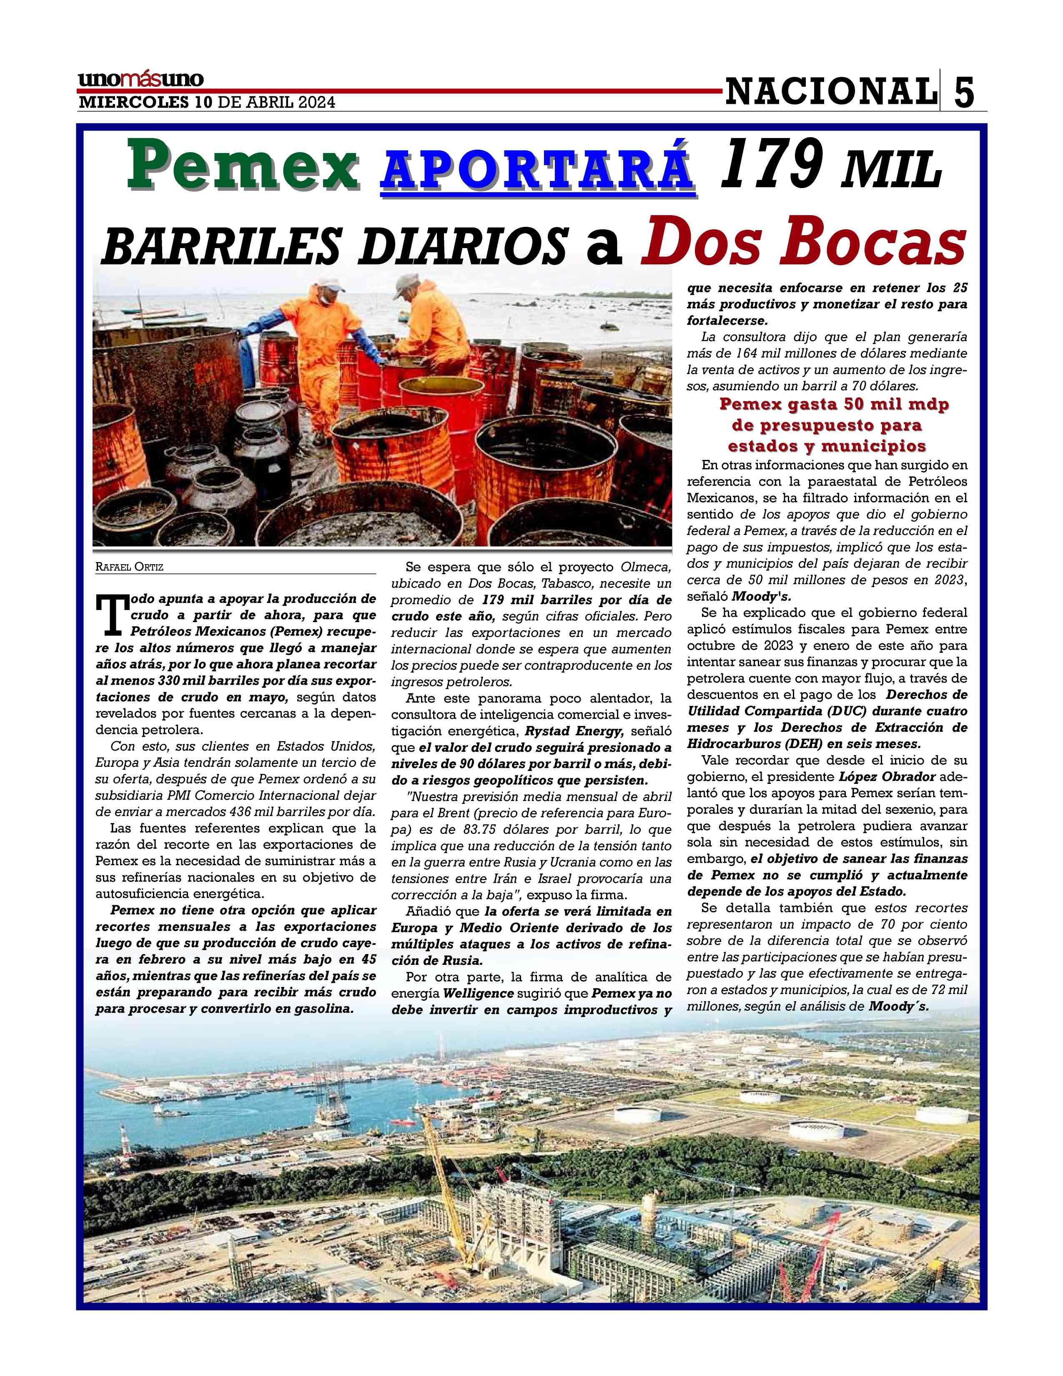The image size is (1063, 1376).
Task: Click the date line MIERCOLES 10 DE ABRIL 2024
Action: [206, 103]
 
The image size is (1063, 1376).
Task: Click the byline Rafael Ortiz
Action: [130, 567]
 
